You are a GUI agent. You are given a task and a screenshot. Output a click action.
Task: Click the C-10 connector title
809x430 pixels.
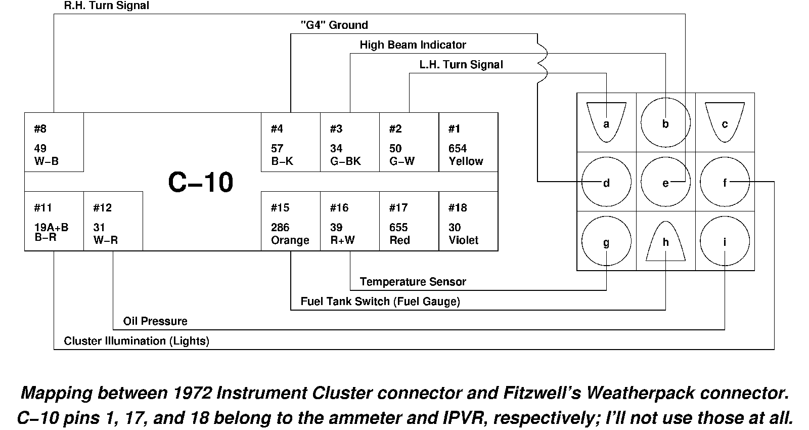200,182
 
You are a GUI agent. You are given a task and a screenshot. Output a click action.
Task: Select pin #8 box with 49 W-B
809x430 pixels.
54,142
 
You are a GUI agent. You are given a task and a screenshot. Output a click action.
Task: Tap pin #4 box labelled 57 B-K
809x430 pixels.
290,142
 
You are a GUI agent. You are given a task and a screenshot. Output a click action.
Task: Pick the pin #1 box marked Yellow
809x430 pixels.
468,142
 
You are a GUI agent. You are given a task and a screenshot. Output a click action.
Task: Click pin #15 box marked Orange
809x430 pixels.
290,221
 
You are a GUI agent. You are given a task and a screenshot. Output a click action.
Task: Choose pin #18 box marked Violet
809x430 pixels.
468,221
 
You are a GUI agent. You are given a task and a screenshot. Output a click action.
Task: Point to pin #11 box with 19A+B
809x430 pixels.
54,221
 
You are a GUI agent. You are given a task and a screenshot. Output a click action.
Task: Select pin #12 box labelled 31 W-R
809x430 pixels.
113,221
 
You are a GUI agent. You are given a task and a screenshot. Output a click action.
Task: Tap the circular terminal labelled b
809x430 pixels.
665,122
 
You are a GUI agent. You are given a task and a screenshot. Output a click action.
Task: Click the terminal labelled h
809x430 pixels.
665,242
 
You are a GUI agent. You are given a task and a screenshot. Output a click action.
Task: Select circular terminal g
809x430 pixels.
606,241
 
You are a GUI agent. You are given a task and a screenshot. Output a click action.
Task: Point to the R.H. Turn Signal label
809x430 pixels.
107,6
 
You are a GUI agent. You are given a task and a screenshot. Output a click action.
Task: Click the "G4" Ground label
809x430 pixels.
334,25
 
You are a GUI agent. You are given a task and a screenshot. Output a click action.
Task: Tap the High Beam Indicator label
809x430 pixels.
413,45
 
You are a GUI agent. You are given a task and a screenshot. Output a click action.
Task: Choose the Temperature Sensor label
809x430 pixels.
413,282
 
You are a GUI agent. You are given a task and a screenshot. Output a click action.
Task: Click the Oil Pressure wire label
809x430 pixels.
155,321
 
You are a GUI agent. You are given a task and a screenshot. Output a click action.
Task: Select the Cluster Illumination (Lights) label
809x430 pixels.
137,341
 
